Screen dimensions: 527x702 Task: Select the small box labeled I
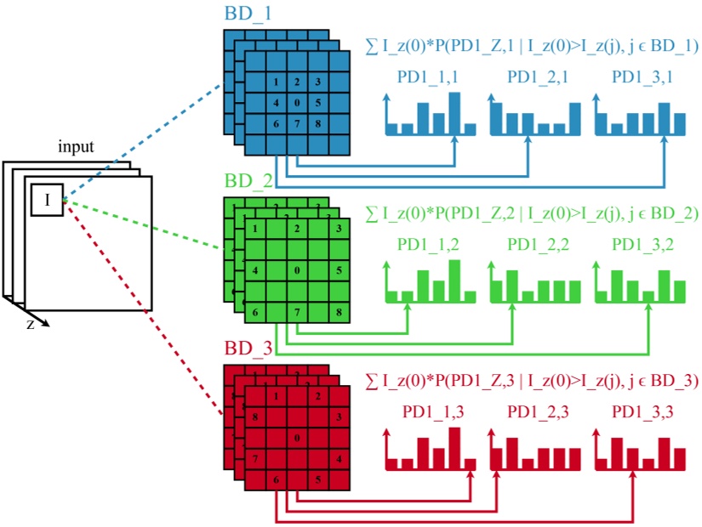47,200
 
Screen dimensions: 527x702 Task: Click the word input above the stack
76,146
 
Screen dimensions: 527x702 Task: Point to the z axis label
31,324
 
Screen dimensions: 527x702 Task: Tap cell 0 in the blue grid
297,103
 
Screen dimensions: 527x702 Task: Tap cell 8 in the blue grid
318,124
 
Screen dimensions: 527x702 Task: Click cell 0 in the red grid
297,438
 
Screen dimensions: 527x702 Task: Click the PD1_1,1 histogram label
428,77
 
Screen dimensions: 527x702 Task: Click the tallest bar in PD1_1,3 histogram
454,447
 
